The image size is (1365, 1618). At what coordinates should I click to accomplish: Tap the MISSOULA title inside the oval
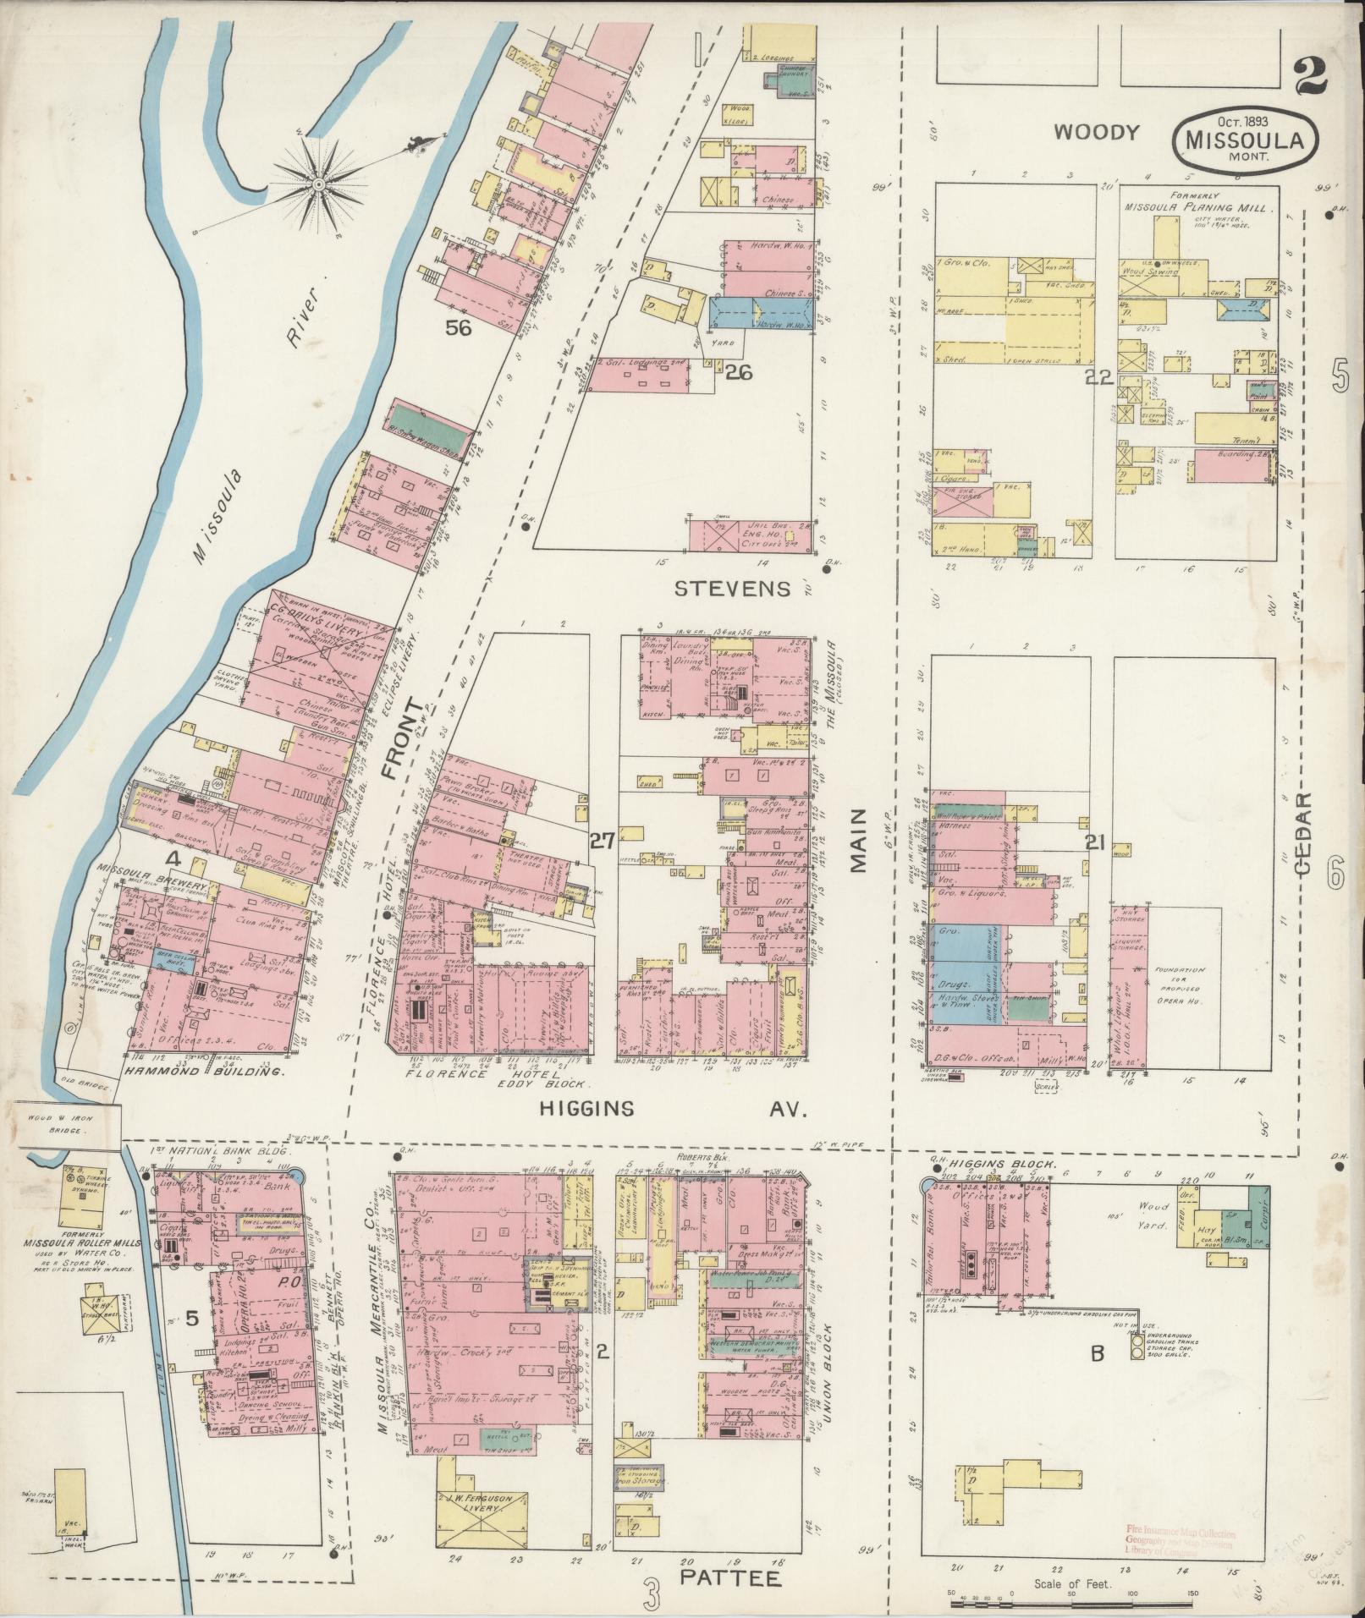tap(1243, 141)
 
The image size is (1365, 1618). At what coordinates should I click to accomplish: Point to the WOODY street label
tap(1098, 132)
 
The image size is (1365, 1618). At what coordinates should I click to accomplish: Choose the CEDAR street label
tap(1302, 833)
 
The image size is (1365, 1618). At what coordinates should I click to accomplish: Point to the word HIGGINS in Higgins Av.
tap(584, 1109)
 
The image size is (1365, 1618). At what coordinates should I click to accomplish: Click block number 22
tap(1098, 379)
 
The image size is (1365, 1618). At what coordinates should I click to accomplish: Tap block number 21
tap(1097, 842)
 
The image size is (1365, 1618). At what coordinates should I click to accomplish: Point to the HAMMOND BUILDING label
tap(203, 1072)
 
